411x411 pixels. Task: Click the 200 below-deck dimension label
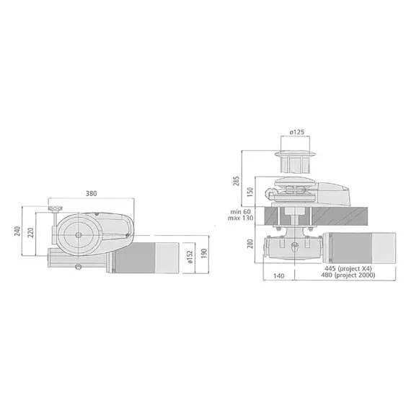tap(250, 245)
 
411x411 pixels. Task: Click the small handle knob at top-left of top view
tap(53, 210)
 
